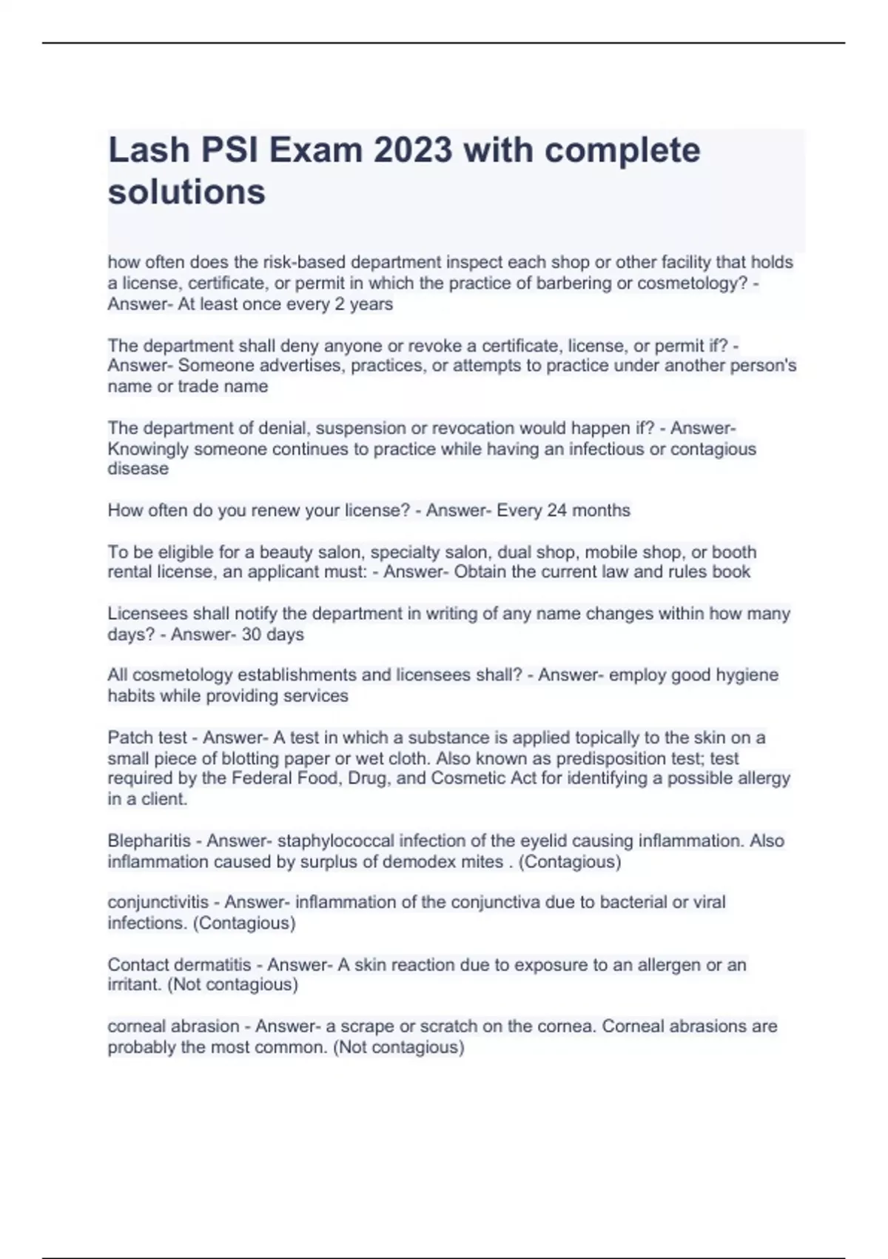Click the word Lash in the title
point(149,150)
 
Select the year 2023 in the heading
point(412,150)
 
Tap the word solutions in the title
point(186,192)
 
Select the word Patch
point(128,738)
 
